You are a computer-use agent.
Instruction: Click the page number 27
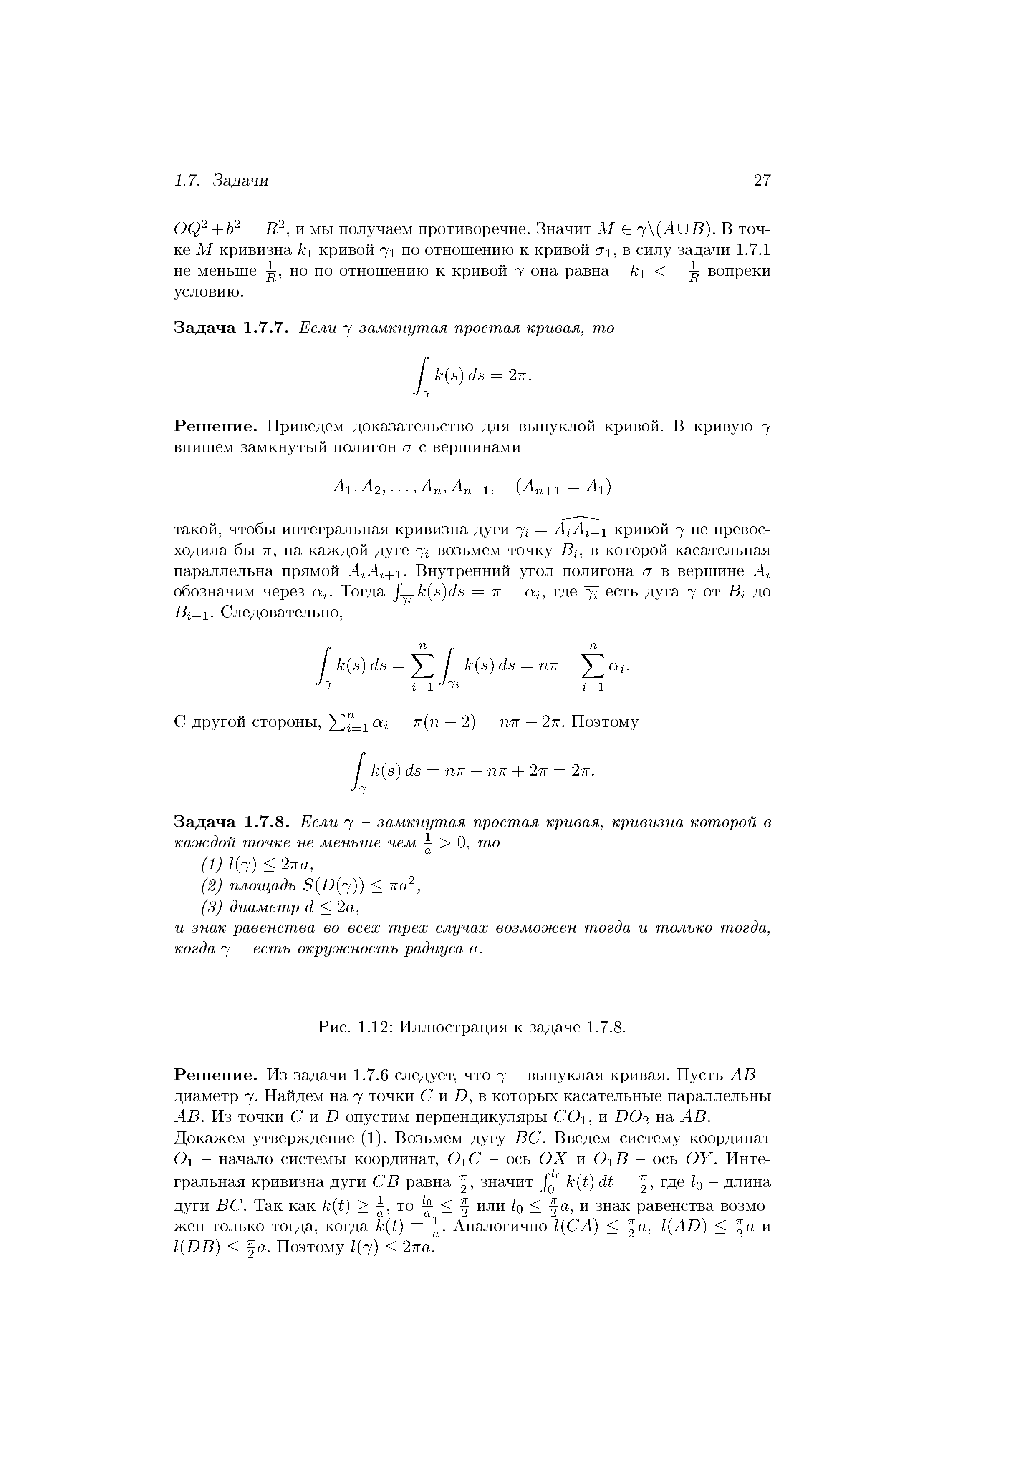coord(762,181)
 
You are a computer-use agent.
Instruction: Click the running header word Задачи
coord(240,181)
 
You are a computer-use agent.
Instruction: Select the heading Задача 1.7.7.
coord(232,328)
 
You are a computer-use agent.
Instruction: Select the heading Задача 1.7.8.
coord(232,822)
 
